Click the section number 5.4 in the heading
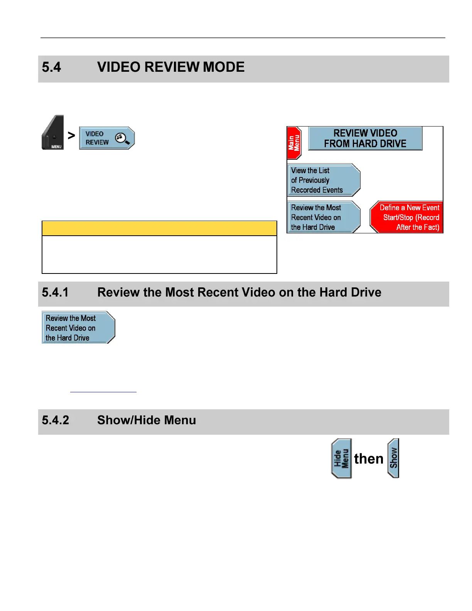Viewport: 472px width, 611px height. point(51,67)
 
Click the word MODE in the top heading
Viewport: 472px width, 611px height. point(224,67)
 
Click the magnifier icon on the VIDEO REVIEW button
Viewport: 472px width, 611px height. point(122,138)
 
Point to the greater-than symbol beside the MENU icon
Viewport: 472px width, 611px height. point(71,135)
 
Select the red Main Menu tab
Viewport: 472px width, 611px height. point(294,143)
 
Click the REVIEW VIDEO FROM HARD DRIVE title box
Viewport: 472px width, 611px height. point(365,138)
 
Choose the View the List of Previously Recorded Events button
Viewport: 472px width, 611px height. point(323,180)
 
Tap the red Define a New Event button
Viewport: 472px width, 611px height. point(407,217)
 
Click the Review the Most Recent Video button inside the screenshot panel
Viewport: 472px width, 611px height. point(323,217)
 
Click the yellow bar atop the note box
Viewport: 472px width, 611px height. point(159,228)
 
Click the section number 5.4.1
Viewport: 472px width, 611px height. point(55,292)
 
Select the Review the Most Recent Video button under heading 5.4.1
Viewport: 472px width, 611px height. point(78,328)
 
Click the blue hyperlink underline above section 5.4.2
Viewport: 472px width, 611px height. point(103,392)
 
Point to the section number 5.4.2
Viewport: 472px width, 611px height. point(56,420)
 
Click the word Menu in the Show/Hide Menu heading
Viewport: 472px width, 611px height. point(180,420)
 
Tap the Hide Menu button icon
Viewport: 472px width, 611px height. point(341,459)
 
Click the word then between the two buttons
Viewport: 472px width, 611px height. point(369,459)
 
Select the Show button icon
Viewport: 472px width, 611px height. point(393,458)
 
